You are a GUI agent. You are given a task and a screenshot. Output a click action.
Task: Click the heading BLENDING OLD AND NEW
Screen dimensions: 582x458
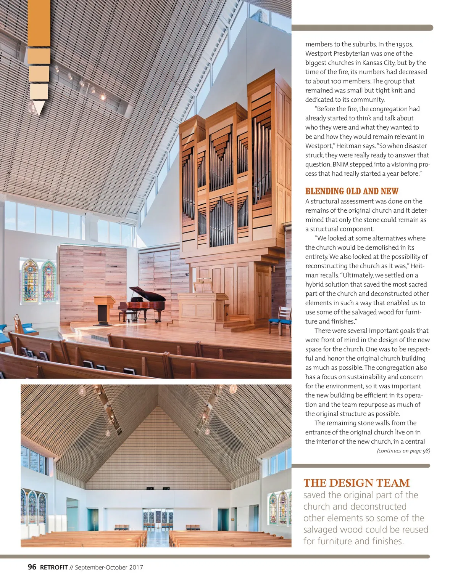(x=352, y=191)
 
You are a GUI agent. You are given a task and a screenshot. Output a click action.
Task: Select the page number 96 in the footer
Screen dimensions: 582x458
(x=32, y=567)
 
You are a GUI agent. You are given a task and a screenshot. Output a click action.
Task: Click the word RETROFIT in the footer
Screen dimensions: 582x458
(x=54, y=568)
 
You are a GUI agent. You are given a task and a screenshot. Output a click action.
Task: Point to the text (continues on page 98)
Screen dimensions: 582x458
(x=403, y=451)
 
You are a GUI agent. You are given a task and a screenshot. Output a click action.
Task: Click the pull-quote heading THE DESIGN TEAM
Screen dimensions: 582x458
(x=356, y=483)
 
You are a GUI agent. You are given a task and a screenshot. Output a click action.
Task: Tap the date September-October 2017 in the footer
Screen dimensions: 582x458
(x=109, y=568)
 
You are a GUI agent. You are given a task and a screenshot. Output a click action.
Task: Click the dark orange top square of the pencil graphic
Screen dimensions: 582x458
(x=39, y=23)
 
